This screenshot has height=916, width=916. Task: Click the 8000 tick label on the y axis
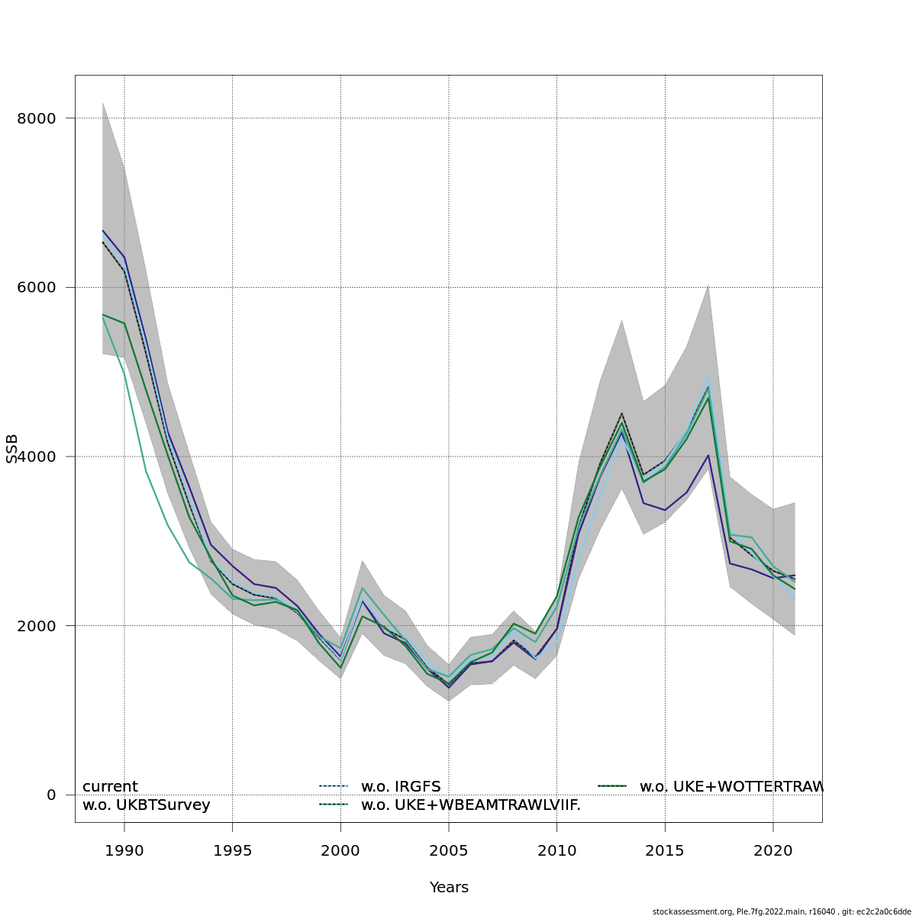tap(37, 118)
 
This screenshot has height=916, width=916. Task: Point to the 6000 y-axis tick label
tap(37, 288)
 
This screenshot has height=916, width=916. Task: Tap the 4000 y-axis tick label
tap(37, 456)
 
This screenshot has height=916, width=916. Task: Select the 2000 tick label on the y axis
tap(37, 626)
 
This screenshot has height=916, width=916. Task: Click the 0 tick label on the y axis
tap(51, 795)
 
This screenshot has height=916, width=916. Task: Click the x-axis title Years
tap(449, 888)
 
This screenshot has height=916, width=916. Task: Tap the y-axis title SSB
tap(11, 449)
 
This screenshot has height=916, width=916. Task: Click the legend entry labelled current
tap(110, 787)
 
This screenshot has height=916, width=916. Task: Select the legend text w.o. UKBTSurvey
tap(146, 805)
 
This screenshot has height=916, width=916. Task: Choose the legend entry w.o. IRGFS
tap(401, 787)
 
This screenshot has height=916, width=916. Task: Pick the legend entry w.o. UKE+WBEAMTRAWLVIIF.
tap(470, 805)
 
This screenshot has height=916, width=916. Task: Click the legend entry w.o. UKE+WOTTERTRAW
tap(731, 787)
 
